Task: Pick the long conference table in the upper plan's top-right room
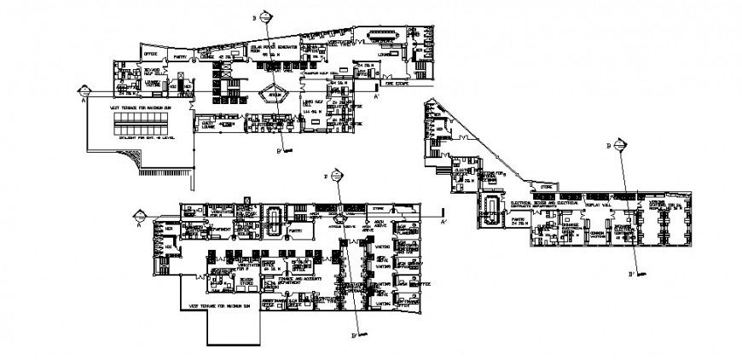tap(382, 38)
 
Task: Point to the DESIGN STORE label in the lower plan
tap(245, 280)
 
